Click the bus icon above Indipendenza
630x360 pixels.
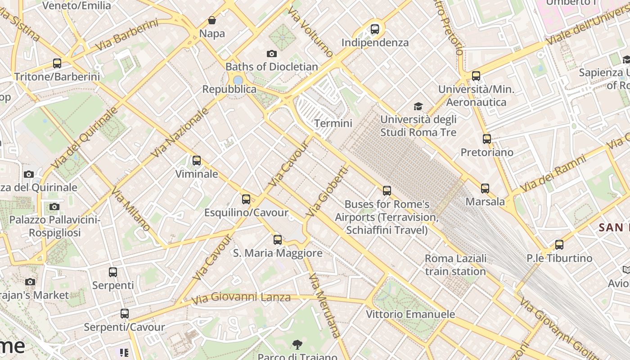375,29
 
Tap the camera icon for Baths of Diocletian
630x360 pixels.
272,54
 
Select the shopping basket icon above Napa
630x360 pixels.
212,20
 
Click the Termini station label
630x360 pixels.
333,123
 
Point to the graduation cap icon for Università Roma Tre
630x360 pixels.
418,106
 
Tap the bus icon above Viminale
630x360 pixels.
197,161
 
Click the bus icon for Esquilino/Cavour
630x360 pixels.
246,199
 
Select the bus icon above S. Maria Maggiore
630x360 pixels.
278,240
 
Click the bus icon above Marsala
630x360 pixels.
485,189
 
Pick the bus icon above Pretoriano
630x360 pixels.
487,139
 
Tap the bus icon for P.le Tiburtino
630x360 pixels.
559,245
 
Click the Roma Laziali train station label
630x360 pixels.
455,265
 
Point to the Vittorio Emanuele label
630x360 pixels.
410,314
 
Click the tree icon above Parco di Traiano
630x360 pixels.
297,345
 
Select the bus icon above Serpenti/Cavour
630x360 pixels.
125,314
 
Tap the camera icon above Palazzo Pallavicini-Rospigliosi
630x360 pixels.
54,207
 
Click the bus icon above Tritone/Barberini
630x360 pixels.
57,63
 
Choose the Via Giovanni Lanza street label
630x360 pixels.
241,297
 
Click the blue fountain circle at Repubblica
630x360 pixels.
238,80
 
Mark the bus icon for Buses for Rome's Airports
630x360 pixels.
387,191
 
